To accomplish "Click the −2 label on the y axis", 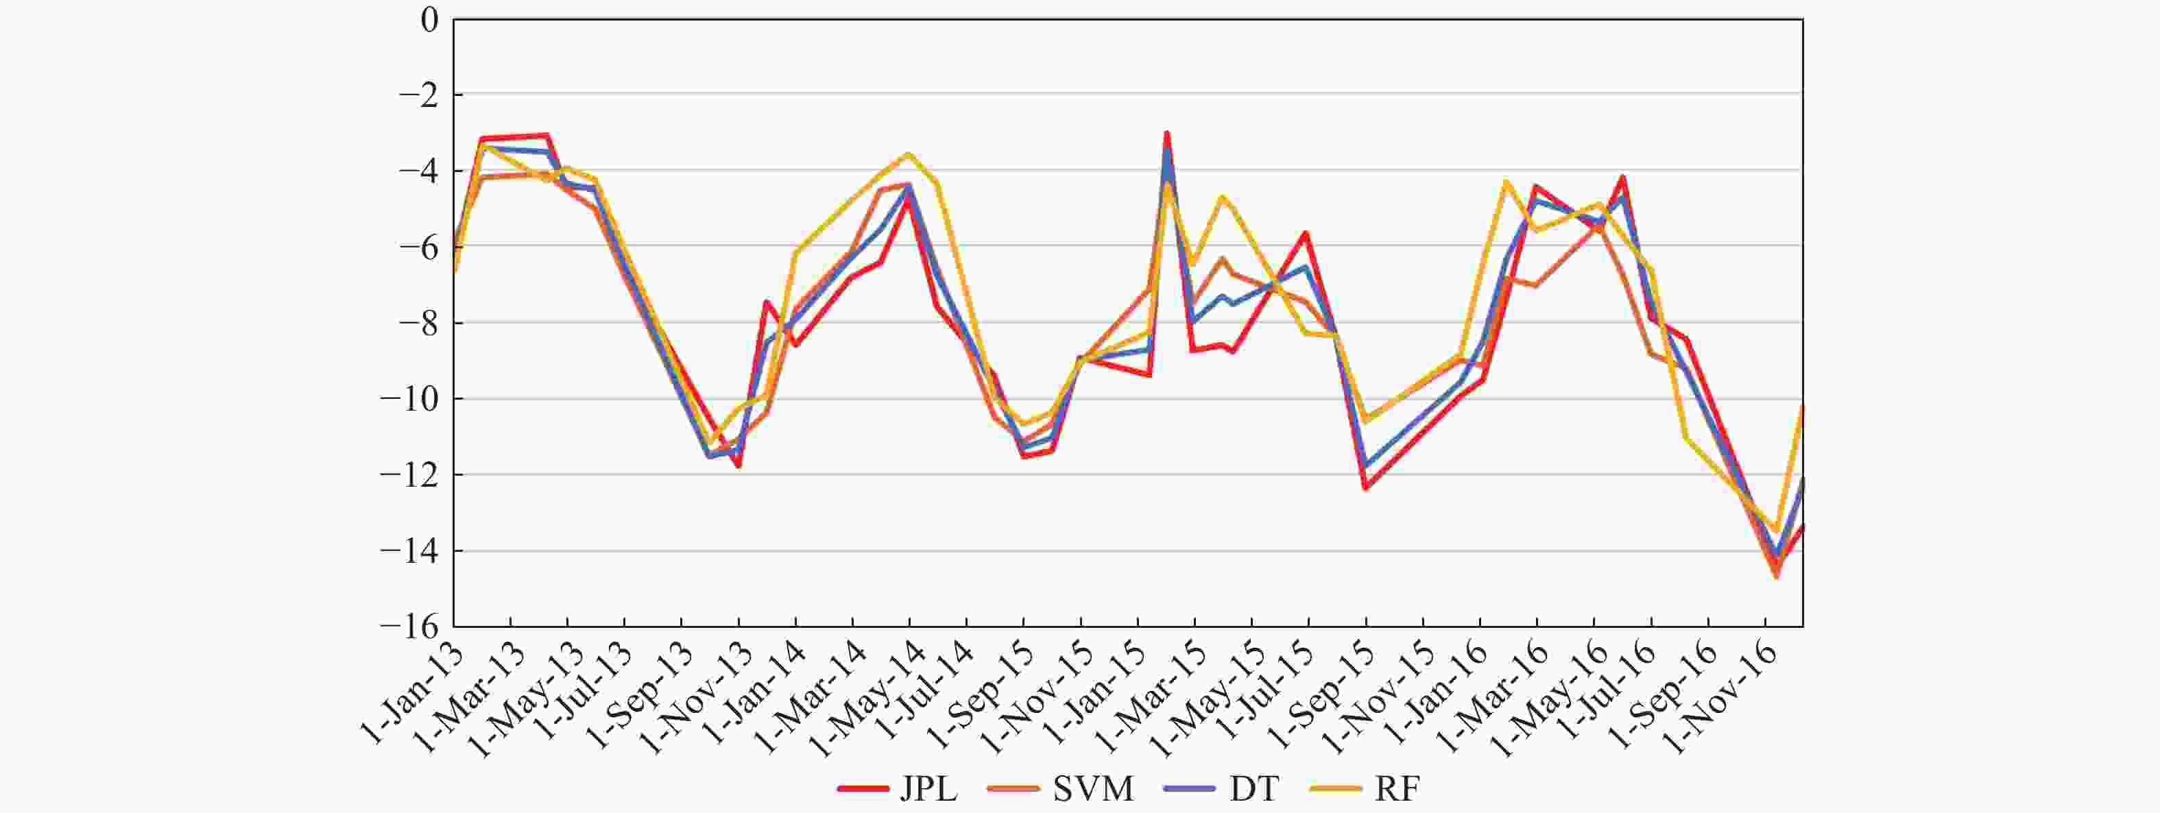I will pyautogui.click(x=418, y=95).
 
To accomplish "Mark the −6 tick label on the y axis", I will pyautogui.click(x=418, y=248).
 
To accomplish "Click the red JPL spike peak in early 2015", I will pyautogui.click(x=1166, y=133).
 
